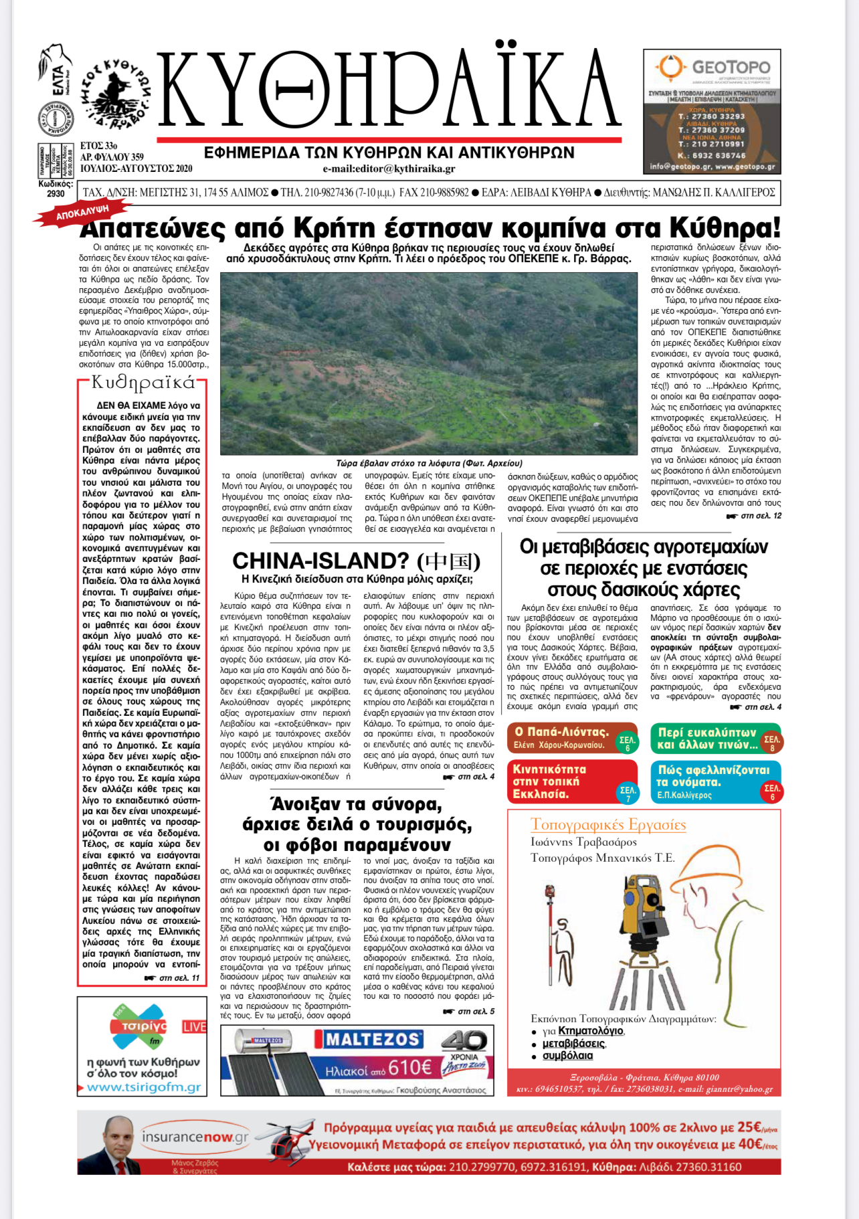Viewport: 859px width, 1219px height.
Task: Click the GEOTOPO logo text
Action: [731, 68]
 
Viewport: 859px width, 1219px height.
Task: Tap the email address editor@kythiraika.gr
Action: [389, 169]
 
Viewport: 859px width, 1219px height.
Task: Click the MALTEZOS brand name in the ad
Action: [373, 1039]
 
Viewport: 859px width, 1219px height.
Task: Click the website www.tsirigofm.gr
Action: [144, 1087]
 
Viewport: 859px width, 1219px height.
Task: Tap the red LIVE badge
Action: [194, 1026]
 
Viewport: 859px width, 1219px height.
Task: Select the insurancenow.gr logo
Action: [195, 1137]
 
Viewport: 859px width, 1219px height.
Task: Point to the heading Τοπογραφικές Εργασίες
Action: [608, 824]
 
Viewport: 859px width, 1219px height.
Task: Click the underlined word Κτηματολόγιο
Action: [591, 1031]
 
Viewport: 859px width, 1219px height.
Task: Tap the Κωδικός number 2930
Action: [56, 194]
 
